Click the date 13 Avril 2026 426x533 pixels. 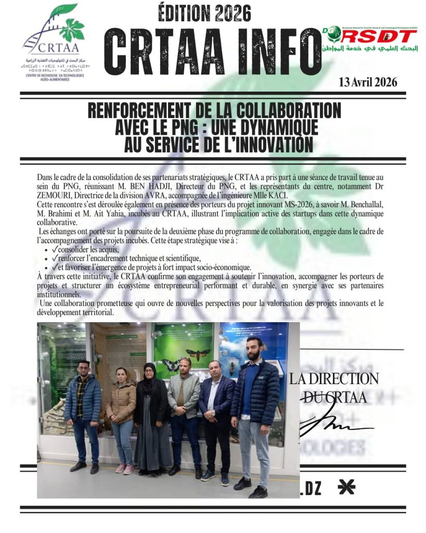[x=367, y=82]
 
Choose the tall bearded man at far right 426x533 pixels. [x=255, y=411]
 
